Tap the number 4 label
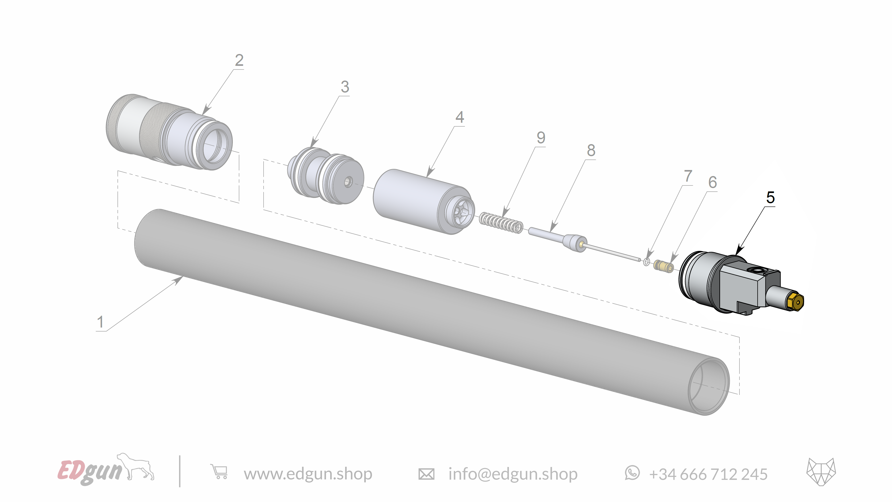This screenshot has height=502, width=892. click(460, 117)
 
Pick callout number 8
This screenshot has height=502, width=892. click(591, 151)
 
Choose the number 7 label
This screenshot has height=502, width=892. click(688, 176)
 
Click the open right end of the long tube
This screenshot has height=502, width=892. click(708, 386)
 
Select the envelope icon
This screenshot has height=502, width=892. click(426, 474)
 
